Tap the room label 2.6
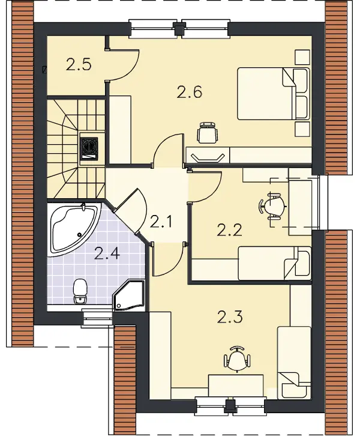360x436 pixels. [189, 92]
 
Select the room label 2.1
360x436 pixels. [161, 222]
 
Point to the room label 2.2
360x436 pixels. [229, 230]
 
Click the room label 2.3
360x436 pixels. [230, 316]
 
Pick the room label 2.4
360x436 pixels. [107, 253]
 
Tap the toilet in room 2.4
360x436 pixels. [80, 291]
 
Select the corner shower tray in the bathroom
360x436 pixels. [130, 295]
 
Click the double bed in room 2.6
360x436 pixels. [274, 94]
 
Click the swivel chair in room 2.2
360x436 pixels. [273, 207]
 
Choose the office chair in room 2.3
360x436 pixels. [236, 359]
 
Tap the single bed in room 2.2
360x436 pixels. [275, 263]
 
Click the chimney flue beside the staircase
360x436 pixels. [89, 148]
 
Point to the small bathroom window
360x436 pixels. [98, 317]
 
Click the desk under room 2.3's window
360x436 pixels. [236, 385]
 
